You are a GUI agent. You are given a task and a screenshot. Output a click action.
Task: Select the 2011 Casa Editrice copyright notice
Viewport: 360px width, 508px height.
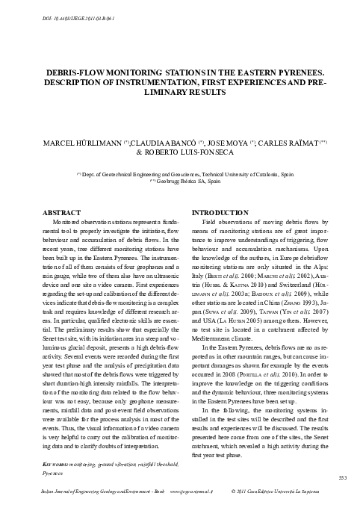(x=273, y=493)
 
